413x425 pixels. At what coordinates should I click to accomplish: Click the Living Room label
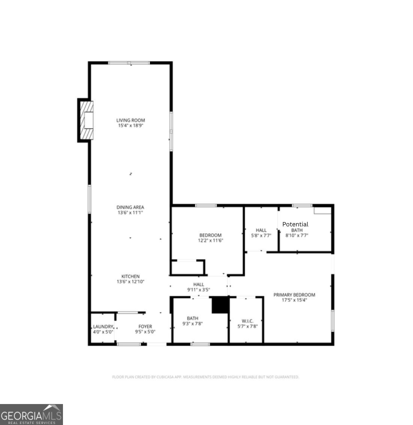pyautogui.click(x=130, y=120)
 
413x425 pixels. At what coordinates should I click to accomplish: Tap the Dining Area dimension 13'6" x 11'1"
pyautogui.click(x=130, y=212)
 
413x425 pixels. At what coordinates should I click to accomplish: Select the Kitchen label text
pyautogui.click(x=130, y=276)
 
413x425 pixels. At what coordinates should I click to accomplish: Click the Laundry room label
pyautogui.click(x=103, y=327)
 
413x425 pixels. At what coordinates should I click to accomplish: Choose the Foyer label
pyautogui.click(x=145, y=327)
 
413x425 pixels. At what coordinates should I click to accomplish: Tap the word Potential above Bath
pyautogui.click(x=295, y=224)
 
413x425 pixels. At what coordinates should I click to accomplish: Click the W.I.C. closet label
pyautogui.click(x=248, y=321)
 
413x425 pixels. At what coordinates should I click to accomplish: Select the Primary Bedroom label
pyautogui.click(x=294, y=295)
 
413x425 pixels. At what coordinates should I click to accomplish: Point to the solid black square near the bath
pyautogui.click(x=220, y=305)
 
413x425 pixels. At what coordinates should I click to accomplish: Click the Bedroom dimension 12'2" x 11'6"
pyautogui.click(x=210, y=240)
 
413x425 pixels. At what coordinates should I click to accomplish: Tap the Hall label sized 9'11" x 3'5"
pyautogui.click(x=199, y=285)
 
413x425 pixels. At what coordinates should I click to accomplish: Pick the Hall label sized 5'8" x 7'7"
pyautogui.click(x=261, y=230)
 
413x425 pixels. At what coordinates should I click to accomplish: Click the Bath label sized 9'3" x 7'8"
pyautogui.click(x=193, y=318)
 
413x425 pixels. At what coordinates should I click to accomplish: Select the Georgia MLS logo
pyautogui.click(x=31, y=415)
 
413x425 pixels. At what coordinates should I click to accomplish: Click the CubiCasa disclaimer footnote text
pyautogui.click(x=205, y=377)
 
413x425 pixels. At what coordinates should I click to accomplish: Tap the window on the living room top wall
pyautogui.click(x=129, y=63)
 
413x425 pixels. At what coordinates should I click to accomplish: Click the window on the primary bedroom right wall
pyautogui.click(x=332, y=320)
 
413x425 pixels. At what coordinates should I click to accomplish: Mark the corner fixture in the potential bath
pyautogui.click(x=322, y=210)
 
